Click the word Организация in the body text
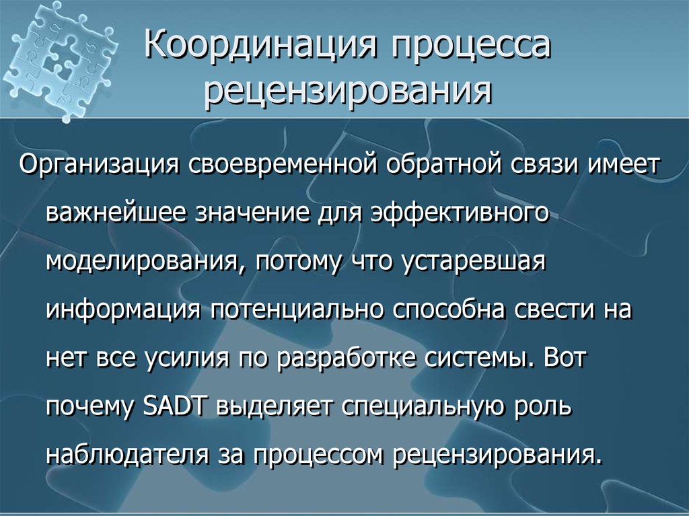tap(98, 165)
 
